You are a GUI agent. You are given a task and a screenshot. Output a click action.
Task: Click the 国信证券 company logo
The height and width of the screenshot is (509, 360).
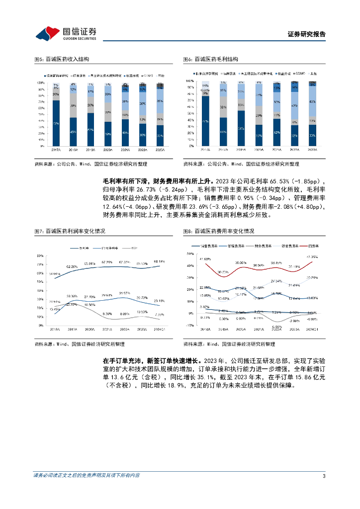click(x=65, y=33)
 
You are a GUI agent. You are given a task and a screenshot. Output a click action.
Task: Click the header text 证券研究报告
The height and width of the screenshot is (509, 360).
click(x=307, y=34)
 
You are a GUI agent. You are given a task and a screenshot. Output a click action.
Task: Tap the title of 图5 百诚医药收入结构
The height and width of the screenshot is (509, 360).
click(x=61, y=59)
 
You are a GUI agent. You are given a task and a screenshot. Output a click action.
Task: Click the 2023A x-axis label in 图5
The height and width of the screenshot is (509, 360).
click(x=160, y=150)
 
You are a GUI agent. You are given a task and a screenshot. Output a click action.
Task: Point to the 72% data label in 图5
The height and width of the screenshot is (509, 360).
click(x=56, y=123)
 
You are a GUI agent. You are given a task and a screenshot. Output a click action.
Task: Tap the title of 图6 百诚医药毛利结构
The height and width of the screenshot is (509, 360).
click(x=210, y=59)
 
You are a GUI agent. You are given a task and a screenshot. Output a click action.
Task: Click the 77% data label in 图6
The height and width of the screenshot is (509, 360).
click(x=205, y=121)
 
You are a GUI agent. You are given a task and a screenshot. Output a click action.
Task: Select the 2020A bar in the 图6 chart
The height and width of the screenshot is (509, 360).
click(x=259, y=115)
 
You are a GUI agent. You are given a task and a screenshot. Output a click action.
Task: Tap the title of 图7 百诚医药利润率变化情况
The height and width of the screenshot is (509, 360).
click(x=69, y=231)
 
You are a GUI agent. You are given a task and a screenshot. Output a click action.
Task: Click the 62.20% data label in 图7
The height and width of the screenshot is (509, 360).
click(x=72, y=267)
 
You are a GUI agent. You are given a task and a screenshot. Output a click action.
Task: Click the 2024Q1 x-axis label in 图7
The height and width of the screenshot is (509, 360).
click(x=160, y=329)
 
